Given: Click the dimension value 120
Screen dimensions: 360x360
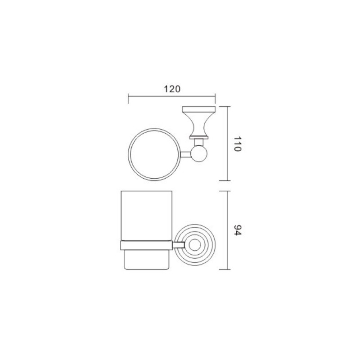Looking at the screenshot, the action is click(x=172, y=89).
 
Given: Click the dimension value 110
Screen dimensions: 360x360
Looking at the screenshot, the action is click(x=238, y=144).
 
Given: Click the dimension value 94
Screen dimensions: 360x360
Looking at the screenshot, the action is click(x=238, y=230).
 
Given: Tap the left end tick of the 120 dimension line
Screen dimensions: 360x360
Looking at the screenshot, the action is click(x=128, y=99).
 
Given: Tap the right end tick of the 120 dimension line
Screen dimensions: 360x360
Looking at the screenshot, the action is click(x=215, y=99).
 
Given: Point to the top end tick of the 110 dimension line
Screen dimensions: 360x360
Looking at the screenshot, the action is click(x=225, y=107).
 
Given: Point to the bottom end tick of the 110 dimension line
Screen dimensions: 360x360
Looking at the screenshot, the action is click(x=225, y=181).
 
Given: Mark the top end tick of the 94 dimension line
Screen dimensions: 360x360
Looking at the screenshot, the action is click(x=225, y=191).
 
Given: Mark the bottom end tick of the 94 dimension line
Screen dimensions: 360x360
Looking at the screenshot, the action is click(x=225, y=269).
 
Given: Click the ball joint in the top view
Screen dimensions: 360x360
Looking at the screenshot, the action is click(x=199, y=154).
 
